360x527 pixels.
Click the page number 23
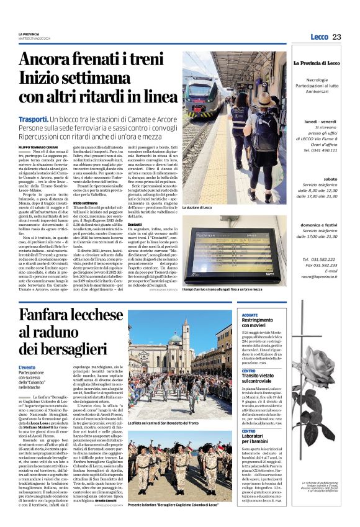click(336, 37)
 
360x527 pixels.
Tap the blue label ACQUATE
click(250, 315)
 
